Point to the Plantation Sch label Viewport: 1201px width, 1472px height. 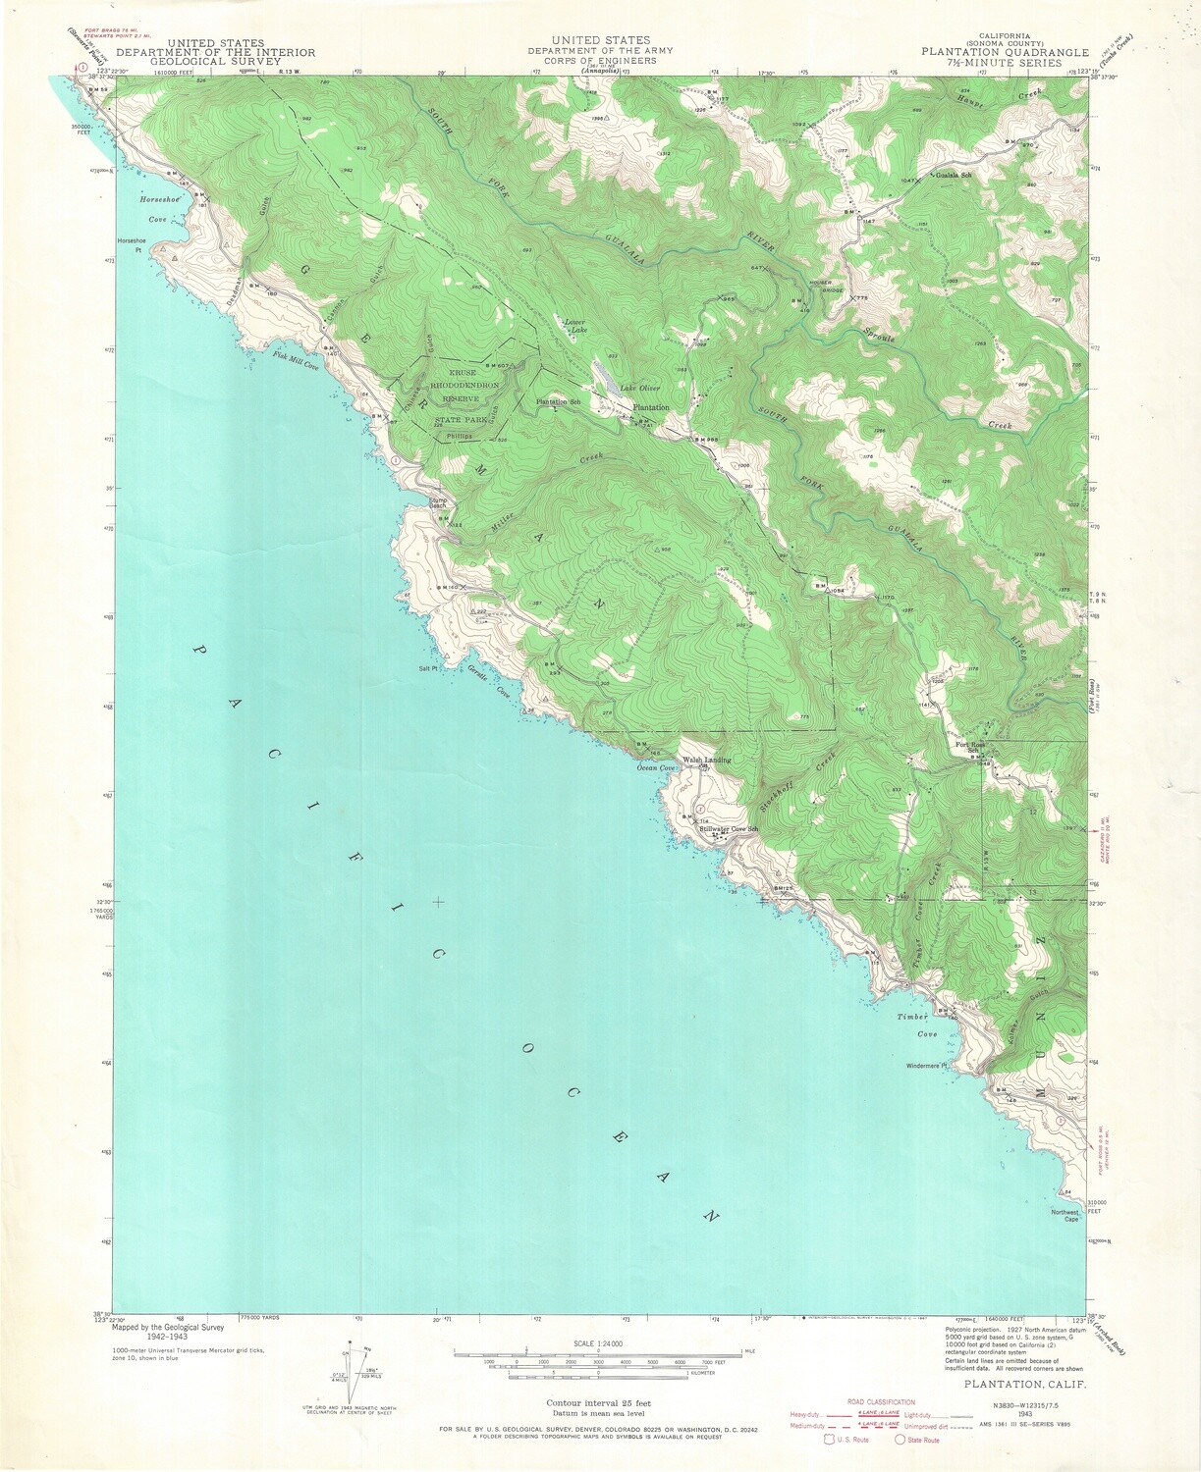pyautogui.click(x=558, y=402)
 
